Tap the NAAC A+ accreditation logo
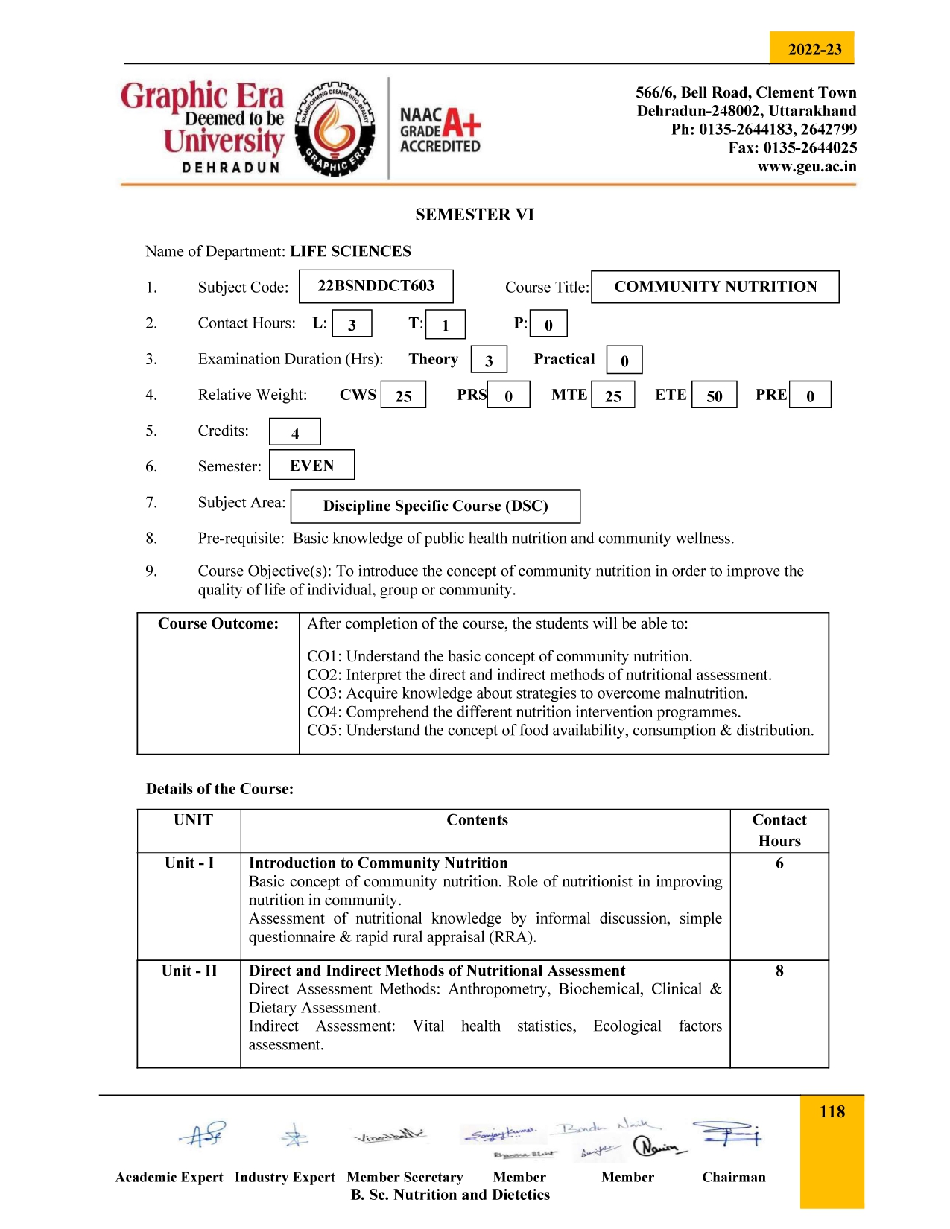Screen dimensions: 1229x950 [x=440, y=130]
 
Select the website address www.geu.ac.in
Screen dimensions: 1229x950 [x=806, y=166]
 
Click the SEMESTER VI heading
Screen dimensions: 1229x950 [x=475, y=215]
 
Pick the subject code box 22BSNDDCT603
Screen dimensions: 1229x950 [x=376, y=286]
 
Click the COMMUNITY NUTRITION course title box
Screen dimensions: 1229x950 [x=715, y=287]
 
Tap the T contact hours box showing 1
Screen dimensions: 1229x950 [x=446, y=324]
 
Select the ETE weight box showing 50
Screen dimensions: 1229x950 [x=714, y=395]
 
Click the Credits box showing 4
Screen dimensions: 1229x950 [x=294, y=432]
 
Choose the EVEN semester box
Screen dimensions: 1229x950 [x=311, y=466]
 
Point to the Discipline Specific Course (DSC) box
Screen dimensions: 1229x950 [x=435, y=506]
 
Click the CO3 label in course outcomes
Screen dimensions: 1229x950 [x=324, y=693]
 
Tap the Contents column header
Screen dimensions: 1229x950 [x=477, y=820]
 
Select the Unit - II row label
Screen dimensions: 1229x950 [x=189, y=971]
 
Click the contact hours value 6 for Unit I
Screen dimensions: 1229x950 [x=779, y=863]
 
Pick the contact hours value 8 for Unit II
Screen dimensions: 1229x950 [x=779, y=971]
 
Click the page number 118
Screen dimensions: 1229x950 [x=832, y=1112]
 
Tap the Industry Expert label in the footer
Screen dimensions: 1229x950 [x=285, y=1177]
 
